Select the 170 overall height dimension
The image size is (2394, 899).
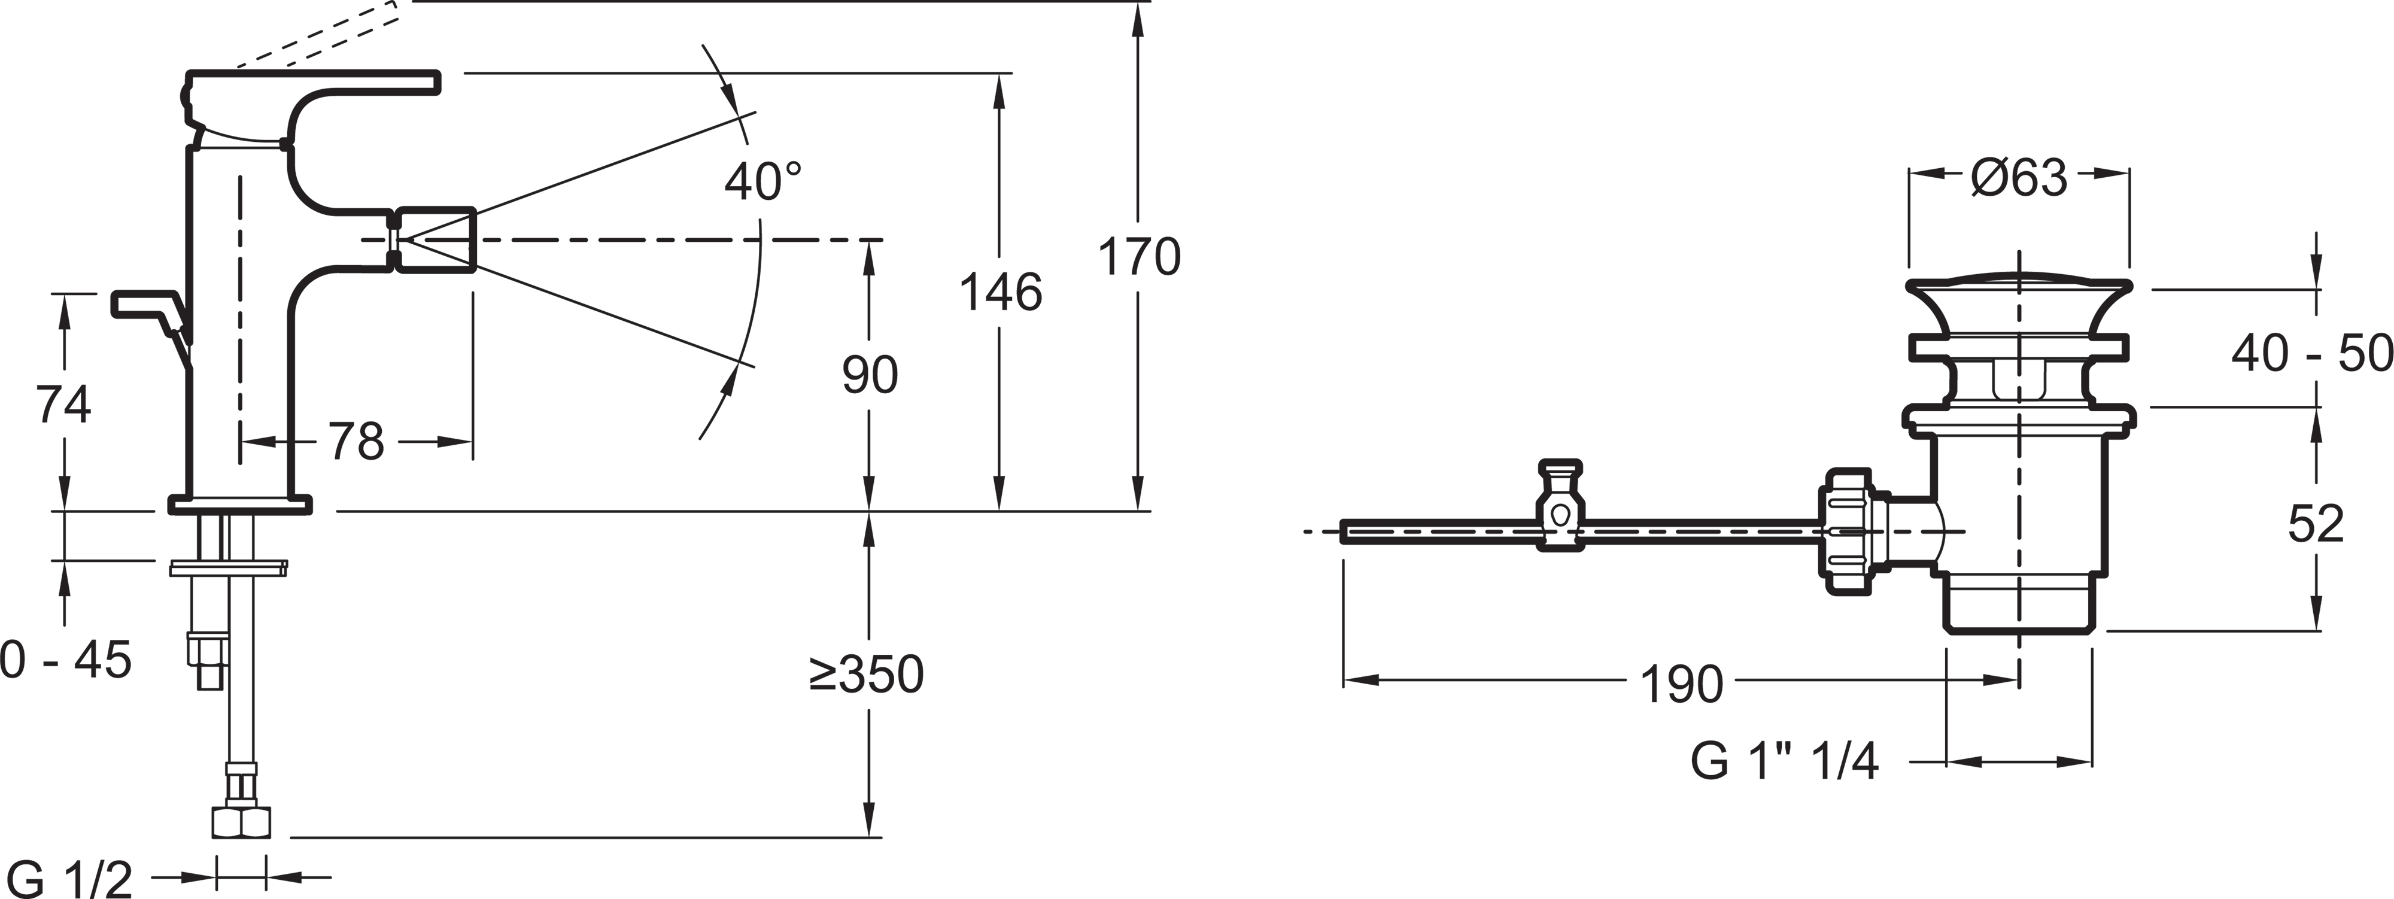1140,257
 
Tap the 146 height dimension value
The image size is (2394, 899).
1000,293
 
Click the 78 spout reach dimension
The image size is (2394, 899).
356,442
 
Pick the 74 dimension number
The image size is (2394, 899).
63,405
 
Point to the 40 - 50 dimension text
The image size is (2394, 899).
2311,354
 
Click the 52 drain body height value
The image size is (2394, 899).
2316,524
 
